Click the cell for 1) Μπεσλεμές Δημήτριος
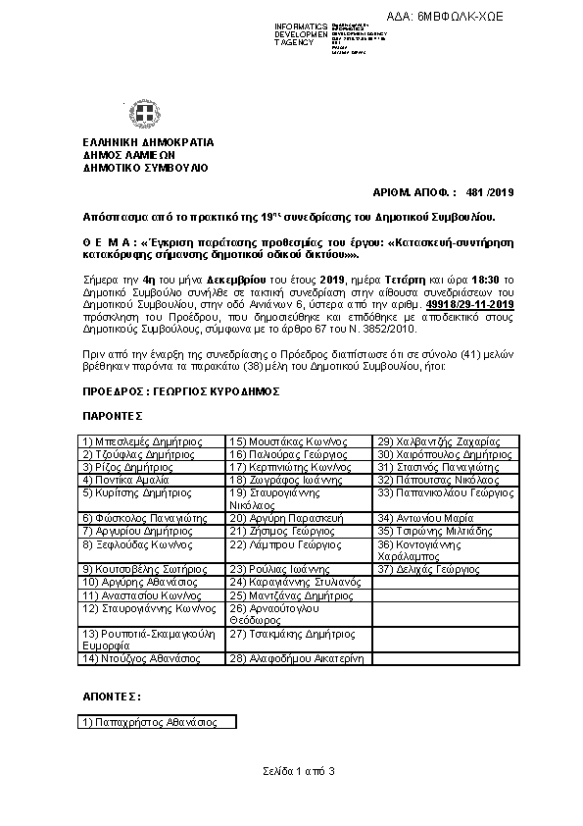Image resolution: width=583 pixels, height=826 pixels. click(x=151, y=441)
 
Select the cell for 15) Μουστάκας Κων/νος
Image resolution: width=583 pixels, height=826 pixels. click(x=298, y=441)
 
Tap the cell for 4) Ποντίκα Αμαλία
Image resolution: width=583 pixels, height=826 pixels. click(x=151, y=480)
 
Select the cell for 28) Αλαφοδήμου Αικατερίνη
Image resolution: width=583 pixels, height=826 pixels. click(x=298, y=659)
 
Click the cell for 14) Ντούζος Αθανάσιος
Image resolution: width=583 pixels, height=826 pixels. click(x=151, y=659)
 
